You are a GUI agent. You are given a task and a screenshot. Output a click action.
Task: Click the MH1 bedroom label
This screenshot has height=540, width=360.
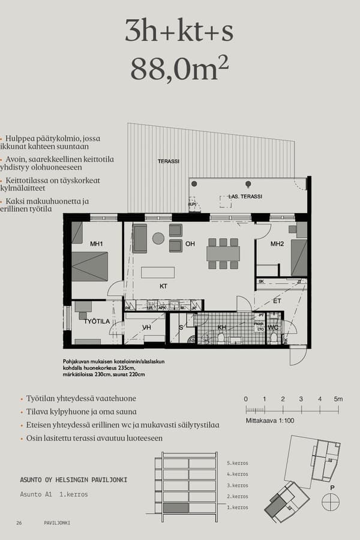point(97,244)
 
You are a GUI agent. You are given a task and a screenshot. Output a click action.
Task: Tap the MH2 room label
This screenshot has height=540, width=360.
point(277,244)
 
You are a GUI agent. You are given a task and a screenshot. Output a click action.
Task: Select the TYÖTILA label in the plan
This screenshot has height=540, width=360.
point(97,322)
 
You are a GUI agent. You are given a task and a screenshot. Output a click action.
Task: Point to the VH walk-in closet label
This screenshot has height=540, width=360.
point(146,328)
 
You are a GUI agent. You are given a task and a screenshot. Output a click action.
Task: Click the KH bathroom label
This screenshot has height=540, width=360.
point(222,328)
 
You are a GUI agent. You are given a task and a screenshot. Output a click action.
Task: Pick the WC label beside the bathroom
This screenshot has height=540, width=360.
point(273,328)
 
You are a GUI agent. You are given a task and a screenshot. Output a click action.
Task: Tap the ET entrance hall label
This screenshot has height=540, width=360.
point(277,301)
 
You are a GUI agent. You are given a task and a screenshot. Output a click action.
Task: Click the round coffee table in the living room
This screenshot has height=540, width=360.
point(158,238)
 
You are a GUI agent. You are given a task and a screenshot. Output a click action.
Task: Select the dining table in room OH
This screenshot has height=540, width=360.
point(223,253)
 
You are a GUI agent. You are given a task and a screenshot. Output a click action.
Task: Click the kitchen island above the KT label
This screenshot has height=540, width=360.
point(158,272)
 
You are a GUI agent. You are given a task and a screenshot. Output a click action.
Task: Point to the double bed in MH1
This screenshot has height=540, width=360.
point(90,266)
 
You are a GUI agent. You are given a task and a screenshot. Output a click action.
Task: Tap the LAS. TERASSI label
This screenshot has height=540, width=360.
point(245,197)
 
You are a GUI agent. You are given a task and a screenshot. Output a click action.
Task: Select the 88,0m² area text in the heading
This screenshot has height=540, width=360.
point(179,68)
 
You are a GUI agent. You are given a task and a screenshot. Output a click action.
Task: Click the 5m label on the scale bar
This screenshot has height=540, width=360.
point(338,399)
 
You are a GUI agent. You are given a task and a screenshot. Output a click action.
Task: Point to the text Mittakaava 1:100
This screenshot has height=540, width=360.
point(270,421)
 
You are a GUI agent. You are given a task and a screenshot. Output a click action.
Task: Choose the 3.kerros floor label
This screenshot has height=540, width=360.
point(238,485)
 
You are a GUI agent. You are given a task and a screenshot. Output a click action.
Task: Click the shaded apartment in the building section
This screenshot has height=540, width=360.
point(175,508)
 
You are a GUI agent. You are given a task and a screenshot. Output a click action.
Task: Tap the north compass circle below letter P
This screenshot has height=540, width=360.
point(330,502)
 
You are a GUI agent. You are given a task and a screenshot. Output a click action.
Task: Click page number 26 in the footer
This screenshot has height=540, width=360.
point(19,523)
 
